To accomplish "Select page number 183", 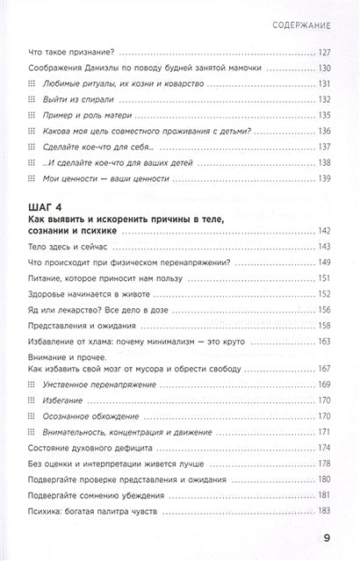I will point(322,511).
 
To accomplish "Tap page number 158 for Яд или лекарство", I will point(322,311).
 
